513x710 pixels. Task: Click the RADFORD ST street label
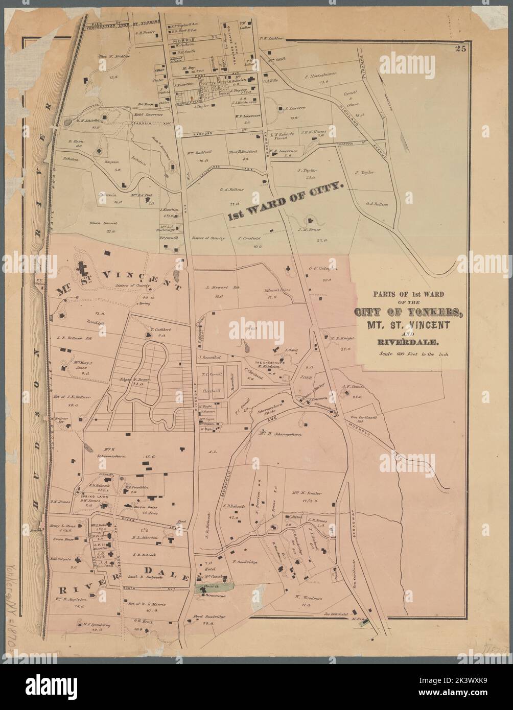(x=205, y=134)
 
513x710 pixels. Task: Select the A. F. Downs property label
(x=352, y=387)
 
